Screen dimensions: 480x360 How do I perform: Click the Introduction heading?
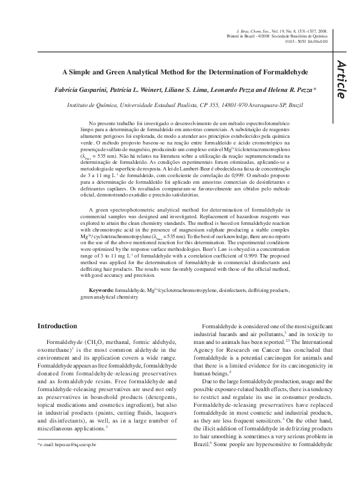click(x=57, y=326)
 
